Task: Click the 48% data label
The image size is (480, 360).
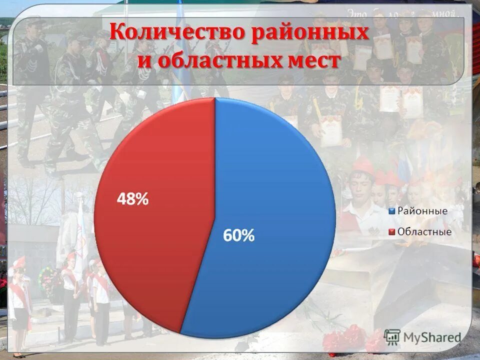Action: pos(132,199)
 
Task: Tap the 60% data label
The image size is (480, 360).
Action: pos(239,235)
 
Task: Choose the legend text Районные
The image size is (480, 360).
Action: pos(422,210)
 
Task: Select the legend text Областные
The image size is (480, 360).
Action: pos(424,231)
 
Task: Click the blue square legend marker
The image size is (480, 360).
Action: pos(392,210)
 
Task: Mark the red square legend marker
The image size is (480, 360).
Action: pos(392,231)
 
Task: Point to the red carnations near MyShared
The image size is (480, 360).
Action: pos(345,337)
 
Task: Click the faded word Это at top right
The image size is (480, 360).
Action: pos(354,12)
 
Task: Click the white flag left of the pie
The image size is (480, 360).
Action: pos(80,235)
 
